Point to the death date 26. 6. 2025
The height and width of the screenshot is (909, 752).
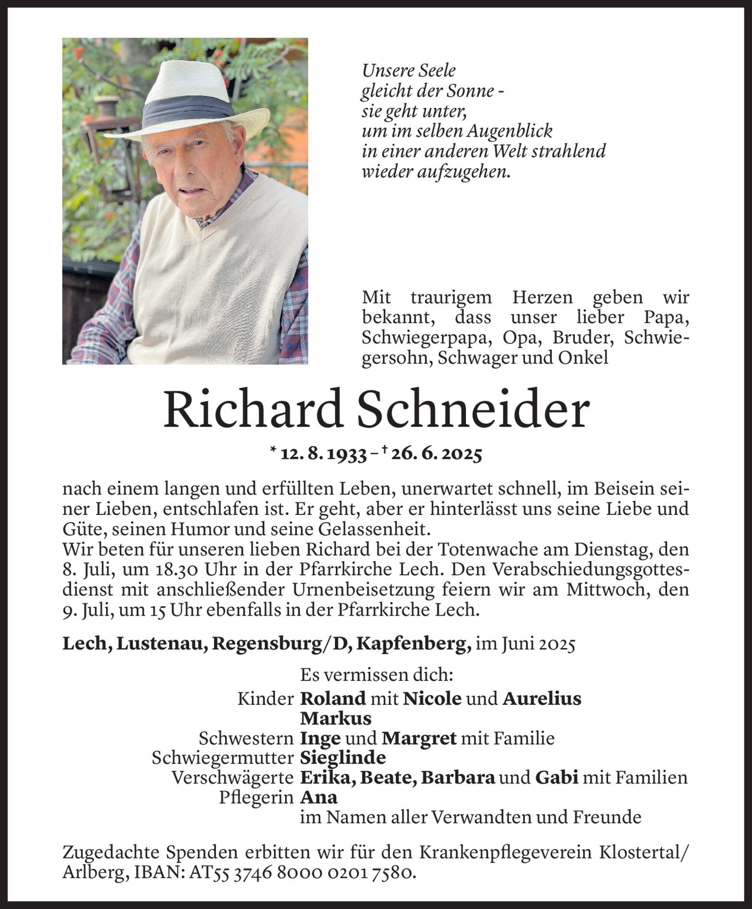tap(436, 454)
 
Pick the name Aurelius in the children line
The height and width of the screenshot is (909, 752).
tap(542, 699)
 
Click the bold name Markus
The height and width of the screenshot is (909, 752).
tap(335, 718)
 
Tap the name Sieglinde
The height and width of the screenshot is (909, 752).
tap(343, 757)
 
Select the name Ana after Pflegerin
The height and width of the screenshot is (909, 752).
tap(319, 797)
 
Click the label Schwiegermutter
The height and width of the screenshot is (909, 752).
tap(222, 757)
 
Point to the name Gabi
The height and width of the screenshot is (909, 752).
tap(556, 777)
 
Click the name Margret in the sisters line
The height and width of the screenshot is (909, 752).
tap(419, 738)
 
